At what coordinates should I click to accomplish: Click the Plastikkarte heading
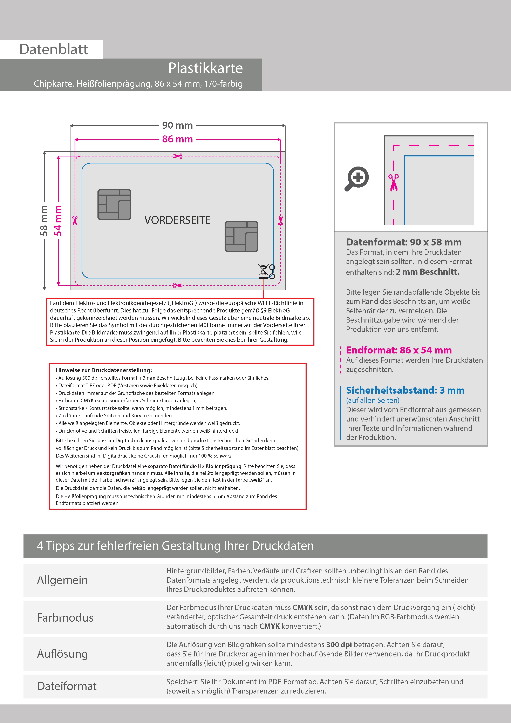[x=205, y=68]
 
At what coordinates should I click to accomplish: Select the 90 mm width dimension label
[x=177, y=125]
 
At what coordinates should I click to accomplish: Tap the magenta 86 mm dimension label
[x=177, y=139]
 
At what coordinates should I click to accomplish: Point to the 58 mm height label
[x=44, y=221]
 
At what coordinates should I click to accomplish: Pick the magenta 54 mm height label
[x=58, y=221]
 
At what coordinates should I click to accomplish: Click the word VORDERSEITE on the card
[x=177, y=220]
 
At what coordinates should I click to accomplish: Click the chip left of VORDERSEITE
[x=114, y=204]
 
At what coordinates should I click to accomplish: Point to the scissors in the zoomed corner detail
[x=393, y=182]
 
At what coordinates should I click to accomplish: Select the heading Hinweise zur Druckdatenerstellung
[x=104, y=370]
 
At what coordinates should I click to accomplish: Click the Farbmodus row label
[x=65, y=617]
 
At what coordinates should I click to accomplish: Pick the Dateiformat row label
[x=67, y=686]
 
